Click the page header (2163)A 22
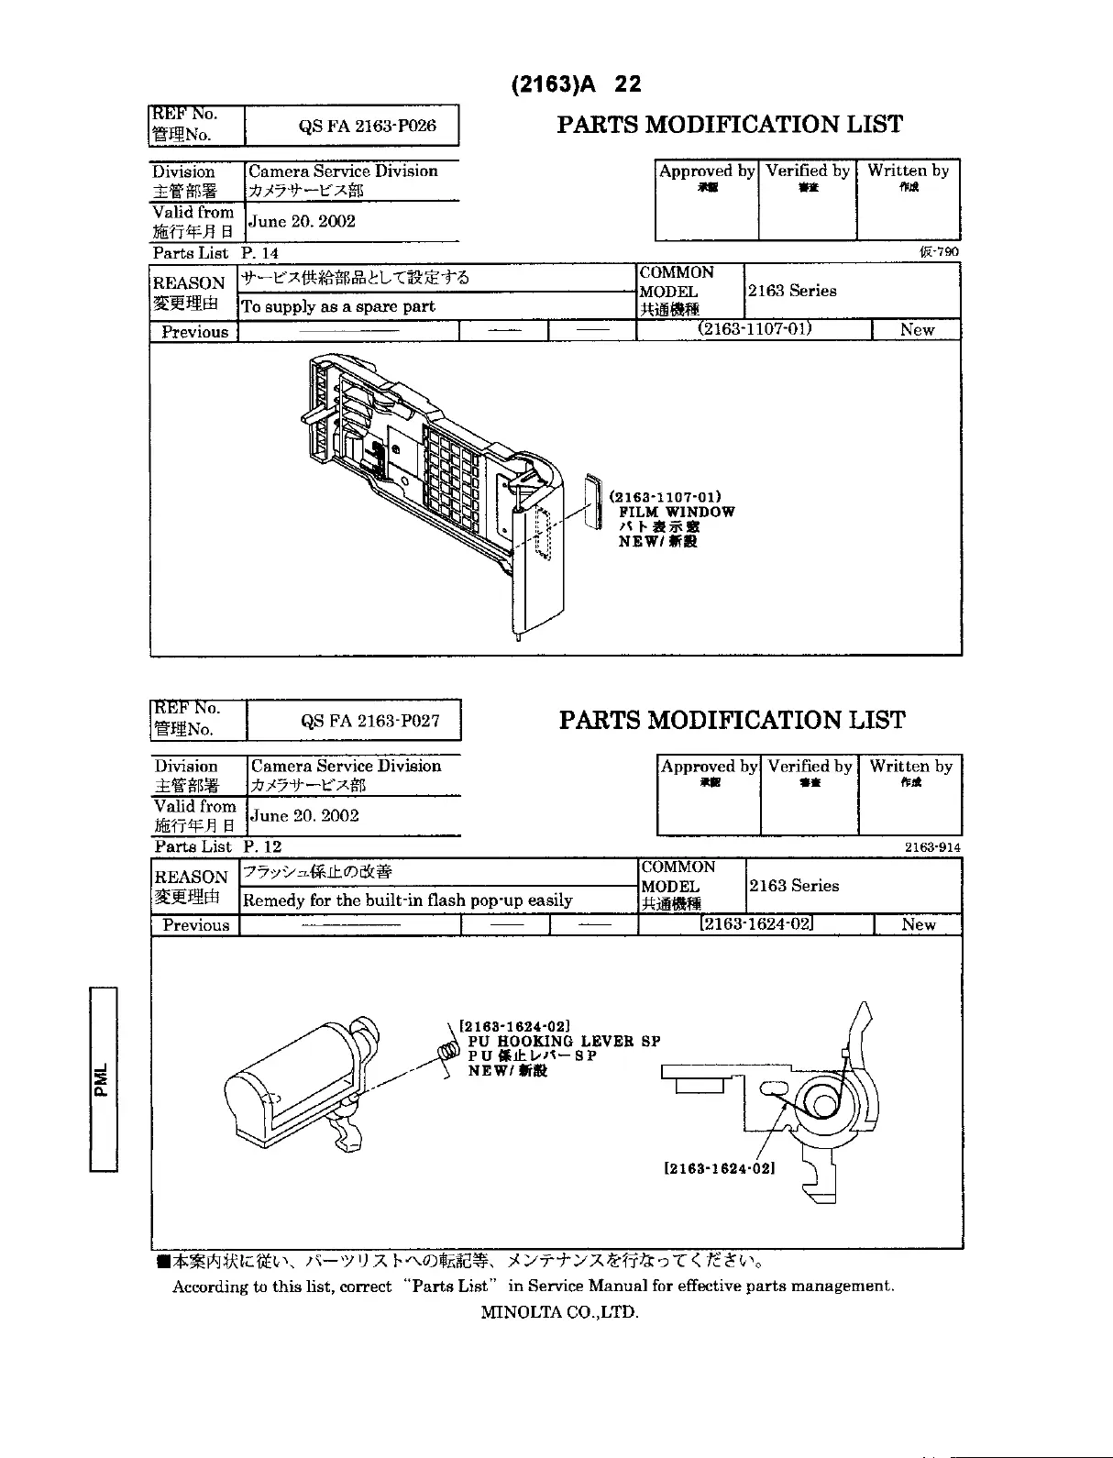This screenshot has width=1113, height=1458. [x=576, y=84]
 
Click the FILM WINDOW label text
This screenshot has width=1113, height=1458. [x=677, y=513]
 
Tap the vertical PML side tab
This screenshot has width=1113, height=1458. [x=104, y=1078]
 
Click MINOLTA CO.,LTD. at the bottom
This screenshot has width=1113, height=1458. [x=559, y=1311]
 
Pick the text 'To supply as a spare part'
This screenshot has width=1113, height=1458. [x=339, y=306]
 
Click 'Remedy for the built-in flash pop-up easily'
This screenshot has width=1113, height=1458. [x=408, y=900]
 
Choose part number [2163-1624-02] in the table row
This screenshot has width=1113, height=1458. [x=756, y=923]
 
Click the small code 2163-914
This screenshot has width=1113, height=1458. [x=933, y=848]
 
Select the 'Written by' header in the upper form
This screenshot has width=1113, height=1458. [x=908, y=171]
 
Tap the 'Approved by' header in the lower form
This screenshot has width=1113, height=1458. [x=709, y=766]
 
